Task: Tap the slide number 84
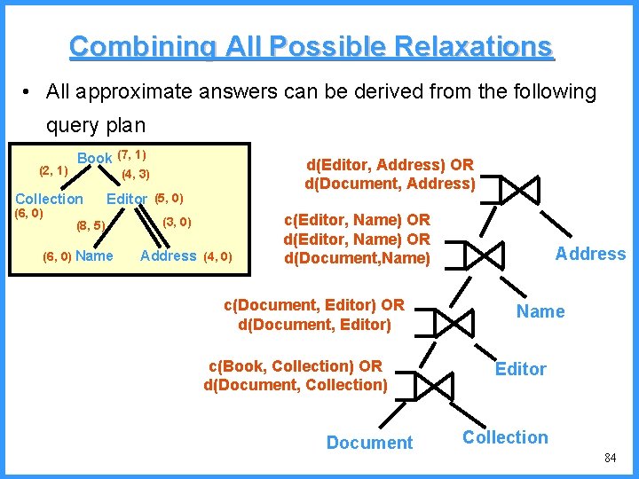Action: (610, 458)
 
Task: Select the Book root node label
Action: (94, 158)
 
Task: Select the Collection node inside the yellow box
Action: (49, 199)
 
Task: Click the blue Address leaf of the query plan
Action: (590, 254)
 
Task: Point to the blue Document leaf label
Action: (369, 442)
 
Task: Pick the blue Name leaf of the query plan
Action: (540, 310)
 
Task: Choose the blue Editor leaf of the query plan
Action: (521, 369)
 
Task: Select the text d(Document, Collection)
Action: (296, 385)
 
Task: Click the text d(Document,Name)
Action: (357, 259)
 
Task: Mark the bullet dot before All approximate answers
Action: (29, 92)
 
